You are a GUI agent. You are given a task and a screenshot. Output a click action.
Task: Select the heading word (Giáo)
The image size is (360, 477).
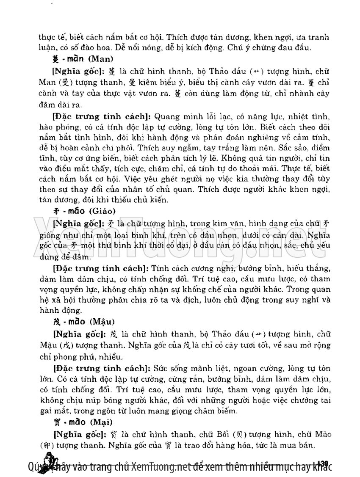pyautogui.click(x=100, y=210)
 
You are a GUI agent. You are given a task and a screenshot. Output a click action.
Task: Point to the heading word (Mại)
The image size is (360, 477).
pyautogui.click(x=98, y=422)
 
